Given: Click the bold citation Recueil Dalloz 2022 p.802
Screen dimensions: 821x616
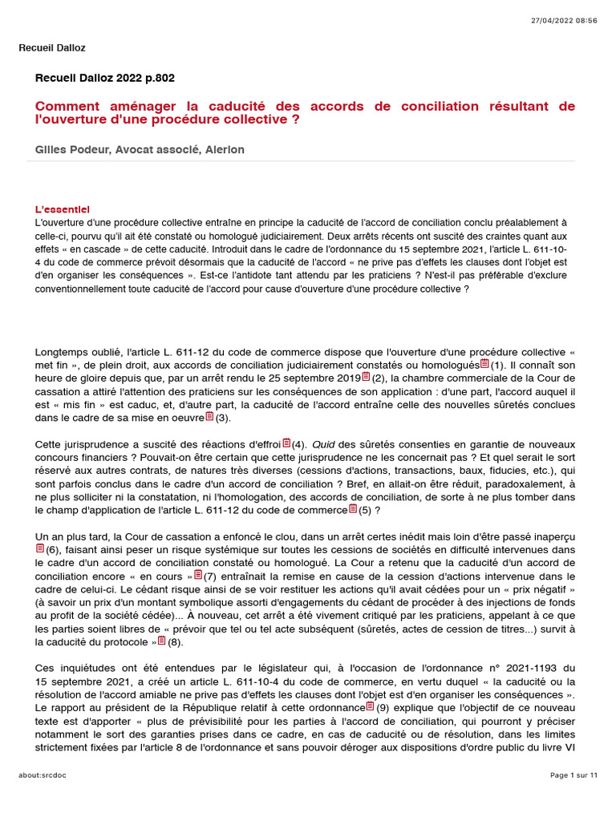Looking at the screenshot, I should click(x=105, y=78).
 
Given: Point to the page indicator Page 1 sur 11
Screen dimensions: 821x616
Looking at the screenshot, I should click(x=573, y=775).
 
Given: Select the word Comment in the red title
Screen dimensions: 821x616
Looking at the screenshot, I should click(x=67, y=107).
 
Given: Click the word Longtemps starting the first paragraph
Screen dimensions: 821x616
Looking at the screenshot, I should click(x=63, y=352).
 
